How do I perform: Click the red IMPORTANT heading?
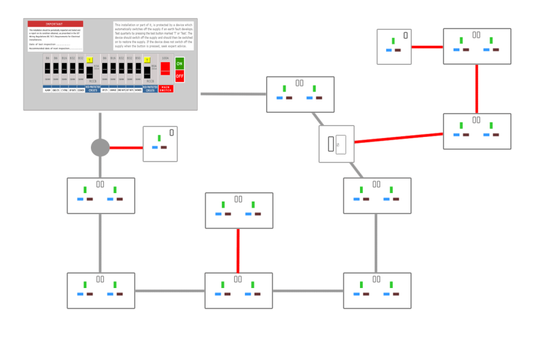click(x=55, y=24)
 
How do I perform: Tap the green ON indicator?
click(x=179, y=63)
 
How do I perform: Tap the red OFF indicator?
click(x=179, y=76)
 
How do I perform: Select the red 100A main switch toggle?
click(x=166, y=67)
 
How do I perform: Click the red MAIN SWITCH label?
click(x=166, y=88)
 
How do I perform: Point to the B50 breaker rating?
click(x=138, y=58)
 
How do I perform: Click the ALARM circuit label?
click(x=48, y=90)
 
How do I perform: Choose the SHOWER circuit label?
click(x=138, y=90)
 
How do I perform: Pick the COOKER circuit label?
click(x=81, y=90)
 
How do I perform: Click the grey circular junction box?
click(x=100, y=147)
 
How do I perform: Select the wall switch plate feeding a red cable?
click(x=336, y=144)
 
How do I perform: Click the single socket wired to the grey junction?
click(x=160, y=144)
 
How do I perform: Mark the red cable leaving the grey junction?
click(x=126, y=147)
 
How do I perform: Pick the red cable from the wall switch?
click(x=399, y=138)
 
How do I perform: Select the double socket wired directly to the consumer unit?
click(x=300, y=94)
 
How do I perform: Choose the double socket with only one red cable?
click(x=239, y=210)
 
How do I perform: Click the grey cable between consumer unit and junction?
click(x=100, y=124)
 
